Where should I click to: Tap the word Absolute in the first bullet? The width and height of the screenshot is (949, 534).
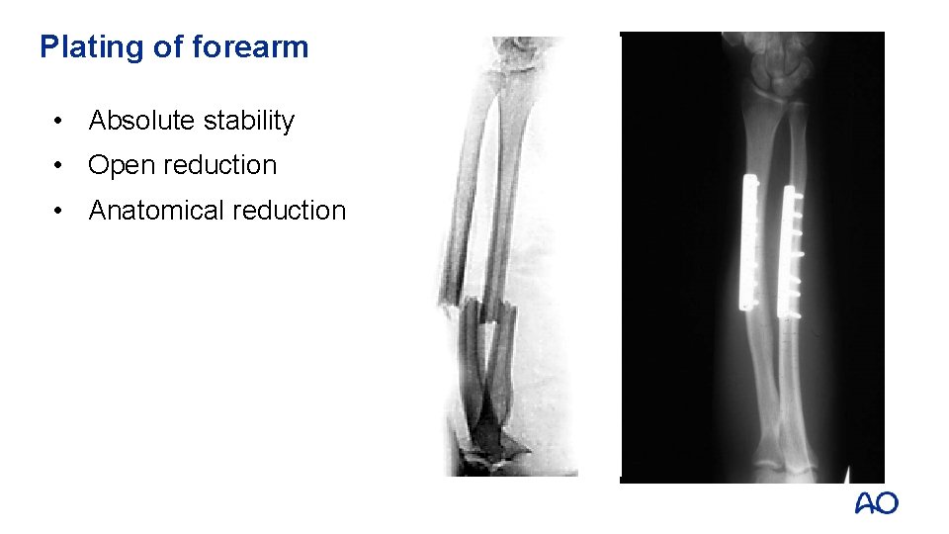pos(141,121)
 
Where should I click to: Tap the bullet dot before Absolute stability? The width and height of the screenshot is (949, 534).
pos(62,121)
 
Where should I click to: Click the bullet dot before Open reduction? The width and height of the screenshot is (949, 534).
pos(62,165)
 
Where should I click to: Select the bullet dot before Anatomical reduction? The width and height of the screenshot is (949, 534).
pos(62,210)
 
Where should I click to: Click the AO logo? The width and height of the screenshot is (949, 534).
pos(876,503)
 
